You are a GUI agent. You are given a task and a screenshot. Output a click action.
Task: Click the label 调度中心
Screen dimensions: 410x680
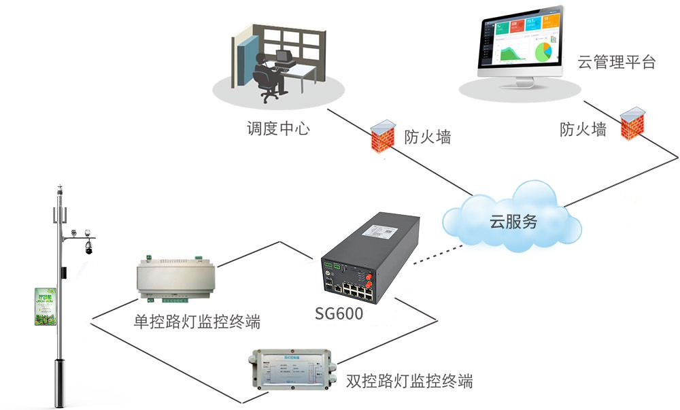point(277,127)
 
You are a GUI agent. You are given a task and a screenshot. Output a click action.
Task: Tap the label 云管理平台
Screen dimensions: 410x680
point(616,63)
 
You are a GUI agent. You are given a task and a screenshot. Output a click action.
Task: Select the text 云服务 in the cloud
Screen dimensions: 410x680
point(513,221)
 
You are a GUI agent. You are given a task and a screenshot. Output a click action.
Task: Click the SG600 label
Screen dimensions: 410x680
point(339,313)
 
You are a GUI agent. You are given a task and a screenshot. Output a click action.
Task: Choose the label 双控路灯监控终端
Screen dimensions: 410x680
point(409,380)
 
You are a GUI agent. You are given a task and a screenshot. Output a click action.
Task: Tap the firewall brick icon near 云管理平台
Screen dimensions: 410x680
point(632,123)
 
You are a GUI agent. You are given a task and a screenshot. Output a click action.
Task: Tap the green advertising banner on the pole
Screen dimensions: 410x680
point(45,306)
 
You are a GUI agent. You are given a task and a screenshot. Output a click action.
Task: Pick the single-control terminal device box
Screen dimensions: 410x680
point(175,278)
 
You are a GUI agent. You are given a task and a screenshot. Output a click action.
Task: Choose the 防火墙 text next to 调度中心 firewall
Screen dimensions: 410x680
point(427,137)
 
